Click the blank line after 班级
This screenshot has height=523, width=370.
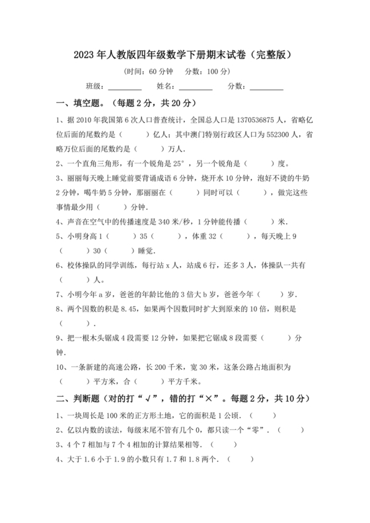tap(125, 88)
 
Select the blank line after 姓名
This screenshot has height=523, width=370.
tap(196, 88)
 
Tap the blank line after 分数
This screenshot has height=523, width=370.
tap(266, 88)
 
